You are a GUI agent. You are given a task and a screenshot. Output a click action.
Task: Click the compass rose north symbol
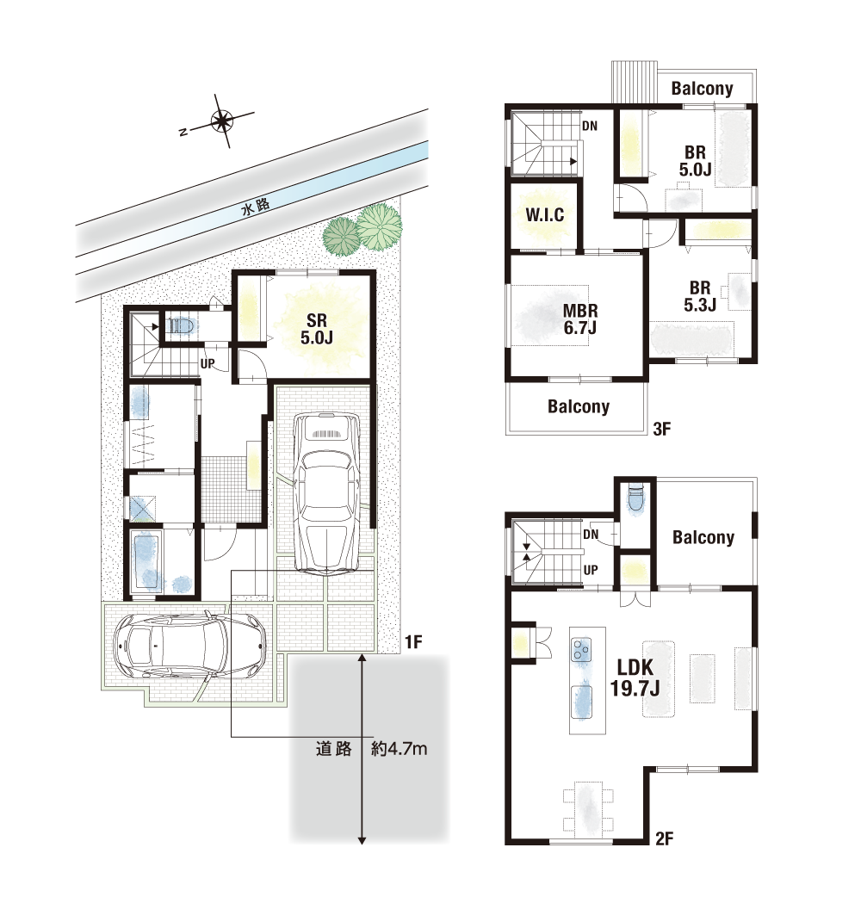(x=220, y=121)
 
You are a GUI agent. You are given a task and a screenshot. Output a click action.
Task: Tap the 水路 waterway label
(x=255, y=206)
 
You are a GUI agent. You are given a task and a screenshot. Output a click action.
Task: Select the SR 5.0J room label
(x=316, y=329)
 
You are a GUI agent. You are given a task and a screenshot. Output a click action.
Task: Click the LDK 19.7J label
(x=635, y=677)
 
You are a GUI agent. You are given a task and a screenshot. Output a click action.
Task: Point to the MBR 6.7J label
(x=580, y=319)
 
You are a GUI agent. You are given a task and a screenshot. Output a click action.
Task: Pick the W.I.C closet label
(x=545, y=215)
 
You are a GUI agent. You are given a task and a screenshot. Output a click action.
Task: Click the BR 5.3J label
(x=700, y=296)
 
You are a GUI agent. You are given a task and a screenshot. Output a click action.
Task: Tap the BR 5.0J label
(x=695, y=161)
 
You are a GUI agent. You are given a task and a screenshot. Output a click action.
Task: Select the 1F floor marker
(x=413, y=642)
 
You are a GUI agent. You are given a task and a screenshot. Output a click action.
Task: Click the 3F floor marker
(x=661, y=429)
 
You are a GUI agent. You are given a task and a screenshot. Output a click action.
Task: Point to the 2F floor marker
(x=664, y=838)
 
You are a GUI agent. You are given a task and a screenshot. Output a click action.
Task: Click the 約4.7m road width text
(x=400, y=749)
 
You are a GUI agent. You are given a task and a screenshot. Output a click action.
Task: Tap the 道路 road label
(x=333, y=749)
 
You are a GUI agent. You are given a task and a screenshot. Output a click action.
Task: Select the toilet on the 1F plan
(x=183, y=326)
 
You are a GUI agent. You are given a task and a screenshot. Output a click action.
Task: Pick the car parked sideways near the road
(x=189, y=646)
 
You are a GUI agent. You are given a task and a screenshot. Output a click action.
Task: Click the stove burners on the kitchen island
(x=580, y=650)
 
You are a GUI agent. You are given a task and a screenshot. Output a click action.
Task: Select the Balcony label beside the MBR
(x=579, y=406)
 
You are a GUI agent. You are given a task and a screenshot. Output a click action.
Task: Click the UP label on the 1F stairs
(x=208, y=364)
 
